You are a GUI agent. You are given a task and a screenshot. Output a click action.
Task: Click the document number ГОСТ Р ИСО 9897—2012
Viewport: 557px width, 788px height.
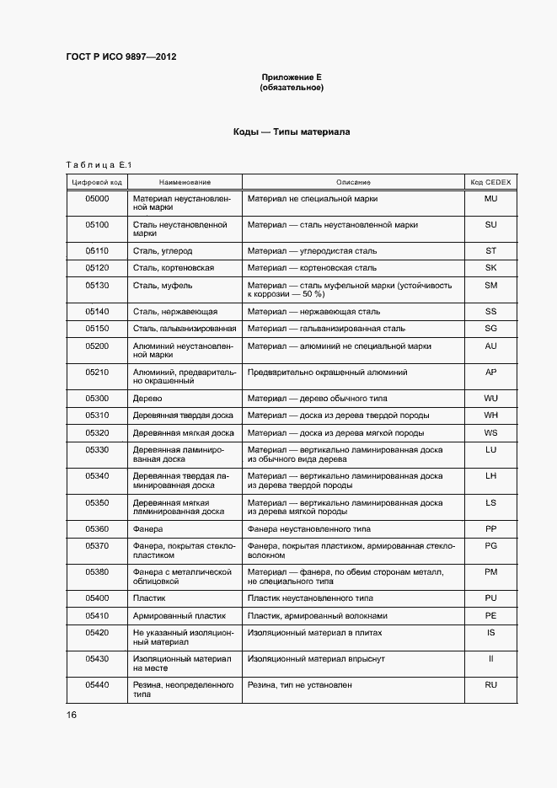click(121, 57)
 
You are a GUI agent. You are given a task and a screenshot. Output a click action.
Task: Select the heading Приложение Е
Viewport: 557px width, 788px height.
click(292, 78)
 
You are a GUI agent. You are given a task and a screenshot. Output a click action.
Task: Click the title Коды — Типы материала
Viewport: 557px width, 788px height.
click(292, 132)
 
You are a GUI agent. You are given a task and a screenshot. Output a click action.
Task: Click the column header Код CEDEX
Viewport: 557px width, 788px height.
click(491, 182)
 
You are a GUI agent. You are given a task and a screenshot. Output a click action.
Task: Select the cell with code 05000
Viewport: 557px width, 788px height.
click(97, 199)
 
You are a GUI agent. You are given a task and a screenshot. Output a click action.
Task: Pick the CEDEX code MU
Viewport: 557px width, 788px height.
click(491, 199)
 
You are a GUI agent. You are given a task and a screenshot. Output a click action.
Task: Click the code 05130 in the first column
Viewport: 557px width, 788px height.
click(97, 286)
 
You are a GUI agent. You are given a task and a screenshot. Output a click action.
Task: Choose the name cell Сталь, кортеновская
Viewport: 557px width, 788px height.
click(174, 268)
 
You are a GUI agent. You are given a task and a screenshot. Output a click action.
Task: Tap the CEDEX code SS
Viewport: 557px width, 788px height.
click(491, 312)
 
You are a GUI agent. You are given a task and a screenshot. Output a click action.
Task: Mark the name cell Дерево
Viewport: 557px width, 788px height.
click(147, 398)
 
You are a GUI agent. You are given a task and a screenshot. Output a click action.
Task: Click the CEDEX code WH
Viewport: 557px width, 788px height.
click(491, 415)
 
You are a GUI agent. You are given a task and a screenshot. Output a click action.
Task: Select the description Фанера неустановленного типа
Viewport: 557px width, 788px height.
click(310, 529)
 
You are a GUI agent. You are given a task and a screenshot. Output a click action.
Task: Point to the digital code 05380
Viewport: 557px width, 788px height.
click(97, 572)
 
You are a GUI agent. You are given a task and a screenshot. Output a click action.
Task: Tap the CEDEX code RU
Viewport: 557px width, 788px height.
click(491, 685)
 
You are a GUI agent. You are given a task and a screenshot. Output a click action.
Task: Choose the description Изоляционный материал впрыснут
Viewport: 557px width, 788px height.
click(319, 659)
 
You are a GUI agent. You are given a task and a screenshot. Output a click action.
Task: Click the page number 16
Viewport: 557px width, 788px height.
click(72, 715)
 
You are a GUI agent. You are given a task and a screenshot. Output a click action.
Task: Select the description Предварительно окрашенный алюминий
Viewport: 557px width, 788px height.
click(327, 372)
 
